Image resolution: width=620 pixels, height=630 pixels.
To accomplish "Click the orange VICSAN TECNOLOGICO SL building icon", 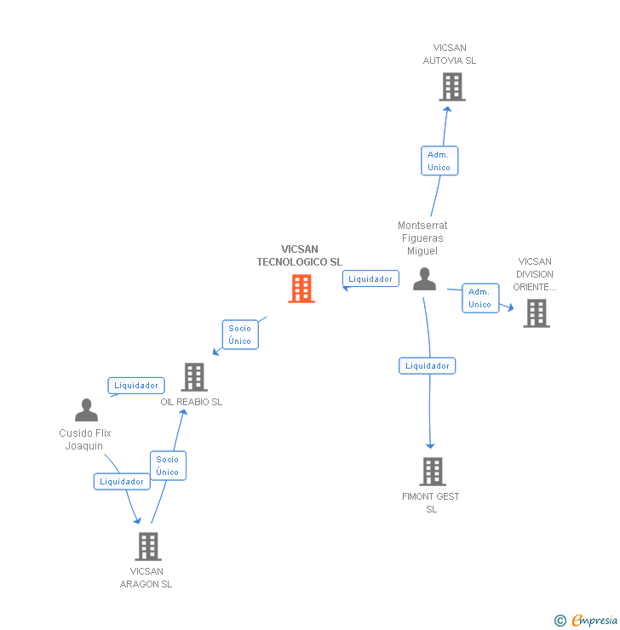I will [301, 289].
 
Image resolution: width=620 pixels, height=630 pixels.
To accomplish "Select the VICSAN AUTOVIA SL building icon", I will [451, 87].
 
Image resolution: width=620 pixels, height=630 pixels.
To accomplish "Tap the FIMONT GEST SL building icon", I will [432, 472].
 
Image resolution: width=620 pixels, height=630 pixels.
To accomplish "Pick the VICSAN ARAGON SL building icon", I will [147, 547].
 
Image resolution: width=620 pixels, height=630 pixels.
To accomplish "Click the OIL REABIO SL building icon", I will [194, 377].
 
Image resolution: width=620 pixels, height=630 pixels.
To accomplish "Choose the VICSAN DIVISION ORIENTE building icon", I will [536, 313].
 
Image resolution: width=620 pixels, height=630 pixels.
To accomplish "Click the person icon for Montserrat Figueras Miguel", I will [424, 279].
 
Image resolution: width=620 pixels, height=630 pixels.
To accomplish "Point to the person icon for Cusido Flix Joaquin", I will [86, 410].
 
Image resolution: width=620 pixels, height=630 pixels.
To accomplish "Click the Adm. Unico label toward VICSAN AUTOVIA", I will [439, 161].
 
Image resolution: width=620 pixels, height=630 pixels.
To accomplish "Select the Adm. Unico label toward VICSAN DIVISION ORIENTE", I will [479, 298].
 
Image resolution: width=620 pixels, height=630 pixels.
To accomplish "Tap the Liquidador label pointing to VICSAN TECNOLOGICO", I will [370, 278].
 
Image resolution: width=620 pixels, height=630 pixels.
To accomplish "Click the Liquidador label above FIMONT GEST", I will [427, 365].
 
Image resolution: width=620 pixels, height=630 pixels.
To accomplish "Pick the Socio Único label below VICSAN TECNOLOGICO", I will [239, 335].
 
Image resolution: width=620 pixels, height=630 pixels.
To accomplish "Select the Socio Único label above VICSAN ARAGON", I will [167, 466].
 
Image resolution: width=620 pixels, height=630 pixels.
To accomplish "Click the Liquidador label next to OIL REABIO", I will [136, 386].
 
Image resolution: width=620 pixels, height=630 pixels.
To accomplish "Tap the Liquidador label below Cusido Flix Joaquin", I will [122, 481].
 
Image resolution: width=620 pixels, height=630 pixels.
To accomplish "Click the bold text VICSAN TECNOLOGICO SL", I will [299, 255].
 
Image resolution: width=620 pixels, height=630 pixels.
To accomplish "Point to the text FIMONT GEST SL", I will [431, 502].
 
